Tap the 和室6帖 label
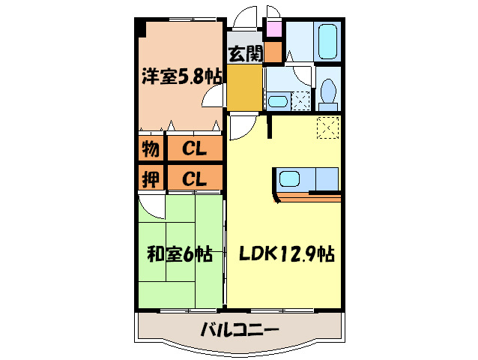180,255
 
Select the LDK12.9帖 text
286,255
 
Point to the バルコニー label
240,329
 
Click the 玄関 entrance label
244,54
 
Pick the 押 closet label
149,178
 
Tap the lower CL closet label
195,178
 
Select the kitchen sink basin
290,179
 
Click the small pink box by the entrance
273,31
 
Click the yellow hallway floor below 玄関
244,87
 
